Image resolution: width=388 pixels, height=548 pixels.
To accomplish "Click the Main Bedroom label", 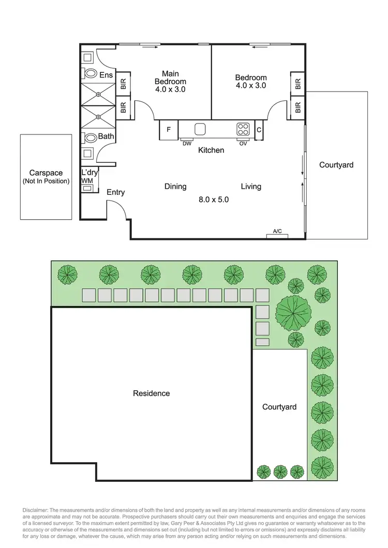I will point(170,81).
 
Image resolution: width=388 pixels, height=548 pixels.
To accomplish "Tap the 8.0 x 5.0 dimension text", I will point(214,199).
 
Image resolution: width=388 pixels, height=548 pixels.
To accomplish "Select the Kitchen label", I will point(212,150).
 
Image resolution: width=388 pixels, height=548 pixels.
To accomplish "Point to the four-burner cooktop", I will point(243,128).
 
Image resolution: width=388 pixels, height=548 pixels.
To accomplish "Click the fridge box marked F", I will point(168,130).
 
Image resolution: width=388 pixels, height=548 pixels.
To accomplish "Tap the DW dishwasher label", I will point(187,144).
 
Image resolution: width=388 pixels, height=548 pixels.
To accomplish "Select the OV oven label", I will point(243,144).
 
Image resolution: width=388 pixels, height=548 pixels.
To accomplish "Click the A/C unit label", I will point(277,232).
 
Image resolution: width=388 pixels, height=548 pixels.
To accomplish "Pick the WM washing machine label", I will point(86,180).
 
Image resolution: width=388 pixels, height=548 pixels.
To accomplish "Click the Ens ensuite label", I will point(106,75).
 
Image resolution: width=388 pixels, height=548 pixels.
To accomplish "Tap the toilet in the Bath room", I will point(91,138).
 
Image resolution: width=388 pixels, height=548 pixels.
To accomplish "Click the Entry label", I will point(115,192).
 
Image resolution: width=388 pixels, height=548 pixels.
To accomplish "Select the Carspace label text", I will point(46,173).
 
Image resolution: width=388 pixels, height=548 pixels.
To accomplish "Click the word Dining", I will point(175,187).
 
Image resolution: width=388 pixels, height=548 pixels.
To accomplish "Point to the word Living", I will point(251,187).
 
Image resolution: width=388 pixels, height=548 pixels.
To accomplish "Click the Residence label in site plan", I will point(151,393).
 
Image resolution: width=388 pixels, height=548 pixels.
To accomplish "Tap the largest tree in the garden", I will point(294,311).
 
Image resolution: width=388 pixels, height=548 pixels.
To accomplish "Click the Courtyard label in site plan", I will point(279,407).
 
